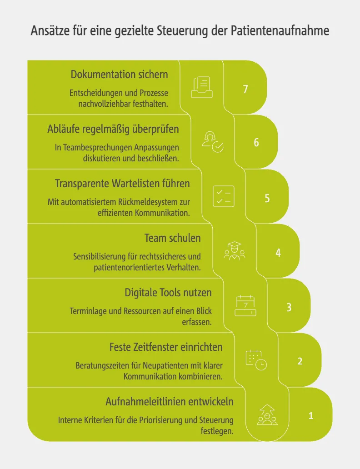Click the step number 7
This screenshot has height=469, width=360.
click(245, 89)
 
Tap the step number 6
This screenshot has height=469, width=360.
click(256, 142)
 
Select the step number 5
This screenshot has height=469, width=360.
click(267, 198)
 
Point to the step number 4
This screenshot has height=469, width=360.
click(278, 253)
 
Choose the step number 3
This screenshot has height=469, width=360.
click(289, 307)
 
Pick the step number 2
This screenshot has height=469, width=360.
click(300, 361)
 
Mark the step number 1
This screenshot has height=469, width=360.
click(311, 416)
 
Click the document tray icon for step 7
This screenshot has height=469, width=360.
click(202, 87)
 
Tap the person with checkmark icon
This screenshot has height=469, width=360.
click(213, 142)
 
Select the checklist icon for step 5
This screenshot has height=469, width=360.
click(224, 196)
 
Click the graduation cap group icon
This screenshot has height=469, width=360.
click(235, 251)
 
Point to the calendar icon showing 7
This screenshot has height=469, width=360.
click(245, 306)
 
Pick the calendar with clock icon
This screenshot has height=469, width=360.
click(256, 360)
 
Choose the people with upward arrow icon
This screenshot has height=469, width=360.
click(267, 414)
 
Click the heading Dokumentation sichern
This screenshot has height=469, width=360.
click(120, 75)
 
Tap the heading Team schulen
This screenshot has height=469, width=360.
click(173, 238)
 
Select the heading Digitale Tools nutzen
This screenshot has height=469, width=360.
click(168, 293)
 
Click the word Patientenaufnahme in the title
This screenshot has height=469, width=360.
click(280, 30)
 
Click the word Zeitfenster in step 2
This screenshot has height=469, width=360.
click(154, 347)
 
